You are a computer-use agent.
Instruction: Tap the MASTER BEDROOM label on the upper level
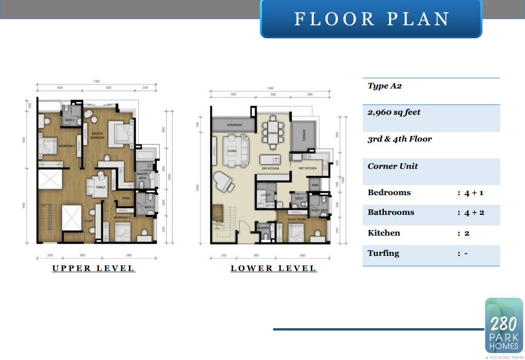(98, 135)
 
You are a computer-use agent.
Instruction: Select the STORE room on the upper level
(126, 198)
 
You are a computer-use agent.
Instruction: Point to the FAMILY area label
(101, 188)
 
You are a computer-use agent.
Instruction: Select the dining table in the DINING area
(273, 132)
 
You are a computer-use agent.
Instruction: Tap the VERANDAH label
(234, 124)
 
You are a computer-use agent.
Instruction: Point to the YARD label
(314, 185)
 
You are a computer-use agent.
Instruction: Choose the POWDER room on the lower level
(264, 228)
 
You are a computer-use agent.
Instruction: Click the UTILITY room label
(266, 195)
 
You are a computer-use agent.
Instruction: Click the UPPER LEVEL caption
(93, 268)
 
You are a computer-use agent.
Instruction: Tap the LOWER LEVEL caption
(273, 268)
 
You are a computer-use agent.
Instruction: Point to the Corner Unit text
(393, 166)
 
